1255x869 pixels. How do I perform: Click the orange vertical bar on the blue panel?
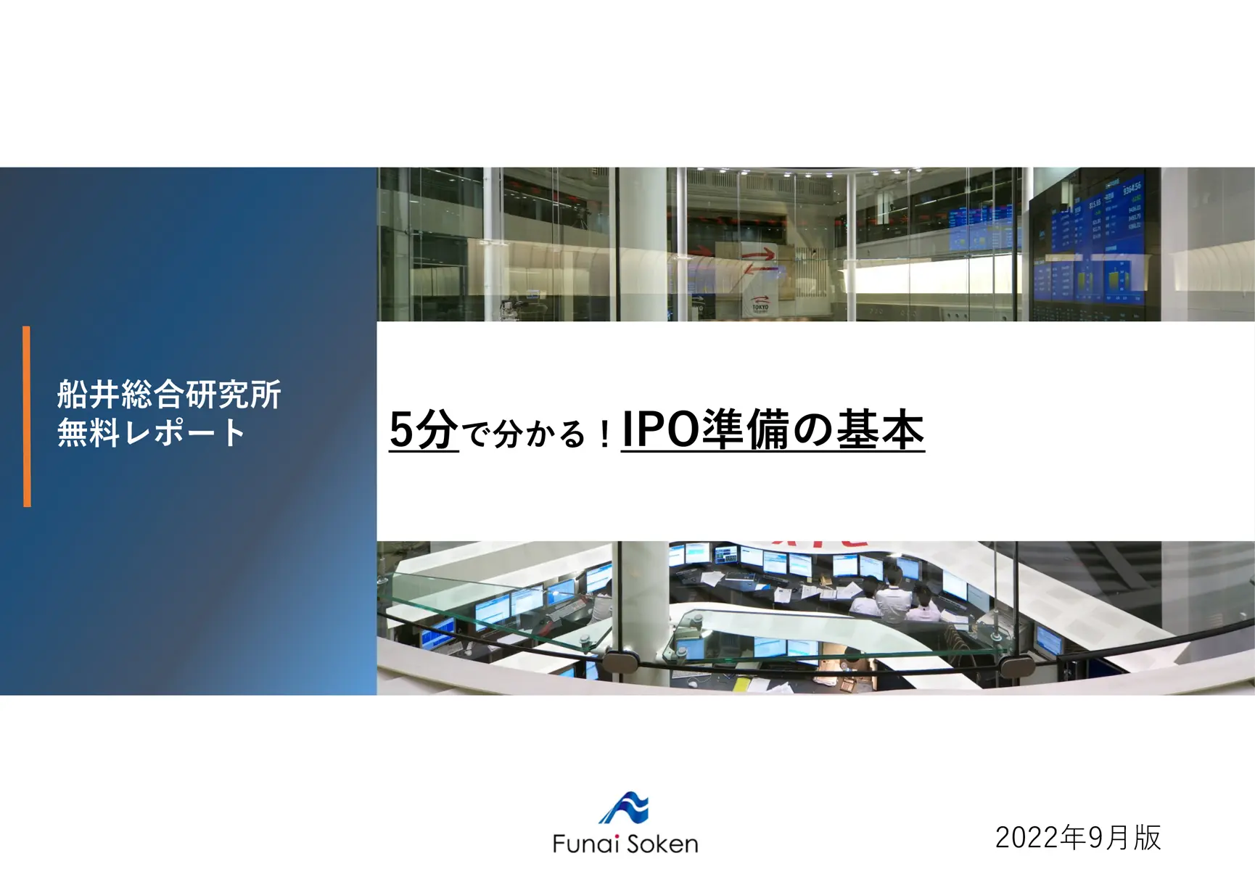(27, 416)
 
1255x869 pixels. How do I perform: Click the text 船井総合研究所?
(169, 395)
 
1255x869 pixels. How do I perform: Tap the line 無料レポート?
(151, 433)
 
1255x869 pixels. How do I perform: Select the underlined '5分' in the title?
(424, 430)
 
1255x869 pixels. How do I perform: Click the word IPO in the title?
(660, 430)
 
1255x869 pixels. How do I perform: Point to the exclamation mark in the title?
(604, 434)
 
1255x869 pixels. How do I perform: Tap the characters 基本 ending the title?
(881, 430)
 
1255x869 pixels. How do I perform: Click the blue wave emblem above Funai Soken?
(625, 808)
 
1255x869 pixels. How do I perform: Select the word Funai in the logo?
(585, 844)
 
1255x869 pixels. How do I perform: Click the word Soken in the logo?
(662, 844)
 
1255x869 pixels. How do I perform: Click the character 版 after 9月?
(1148, 838)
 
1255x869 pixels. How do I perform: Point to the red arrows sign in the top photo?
(759, 261)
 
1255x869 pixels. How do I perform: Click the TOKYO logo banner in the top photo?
(760, 305)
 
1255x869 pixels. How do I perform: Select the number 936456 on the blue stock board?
(1132, 189)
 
